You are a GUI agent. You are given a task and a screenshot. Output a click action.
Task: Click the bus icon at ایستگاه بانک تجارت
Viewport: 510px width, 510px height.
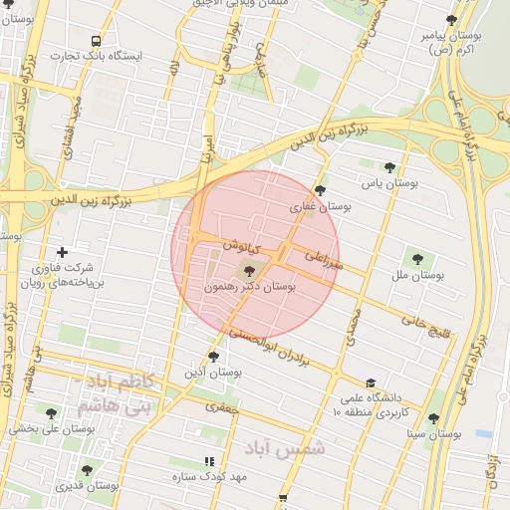[96, 42]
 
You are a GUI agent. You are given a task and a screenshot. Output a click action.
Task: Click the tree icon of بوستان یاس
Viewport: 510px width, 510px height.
[389, 168]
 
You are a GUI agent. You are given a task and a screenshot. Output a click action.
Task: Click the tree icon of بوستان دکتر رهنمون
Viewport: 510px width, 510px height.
[249, 269]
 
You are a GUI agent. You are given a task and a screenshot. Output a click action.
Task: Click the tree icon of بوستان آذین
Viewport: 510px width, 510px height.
[214, 357]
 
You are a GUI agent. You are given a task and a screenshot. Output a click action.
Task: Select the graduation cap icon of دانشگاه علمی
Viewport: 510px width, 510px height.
[371, 382]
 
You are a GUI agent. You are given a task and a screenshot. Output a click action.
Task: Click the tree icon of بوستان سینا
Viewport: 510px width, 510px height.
[433, 419]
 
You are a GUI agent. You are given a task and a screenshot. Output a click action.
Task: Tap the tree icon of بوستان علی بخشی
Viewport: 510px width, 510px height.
[52, 413]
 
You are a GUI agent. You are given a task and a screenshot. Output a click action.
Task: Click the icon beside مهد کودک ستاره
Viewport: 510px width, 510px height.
[209, 461]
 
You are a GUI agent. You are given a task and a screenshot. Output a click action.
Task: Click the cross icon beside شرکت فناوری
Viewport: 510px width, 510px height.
[63, 253]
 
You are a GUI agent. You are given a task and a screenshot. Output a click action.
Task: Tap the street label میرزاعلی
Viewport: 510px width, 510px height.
[326, 260]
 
